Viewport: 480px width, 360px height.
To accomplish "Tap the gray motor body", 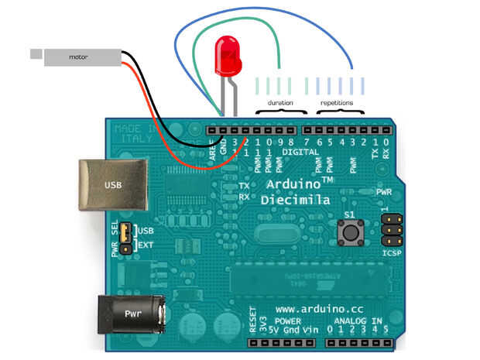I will point(82,57).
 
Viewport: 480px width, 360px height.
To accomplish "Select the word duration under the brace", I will point(279,102).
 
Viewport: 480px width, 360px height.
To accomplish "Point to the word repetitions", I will point(337,102).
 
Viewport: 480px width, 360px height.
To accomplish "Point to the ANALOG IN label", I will point(356,321).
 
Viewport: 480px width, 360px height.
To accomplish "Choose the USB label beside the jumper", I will point(146,231).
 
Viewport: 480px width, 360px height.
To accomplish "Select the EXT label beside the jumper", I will point(146,245).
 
